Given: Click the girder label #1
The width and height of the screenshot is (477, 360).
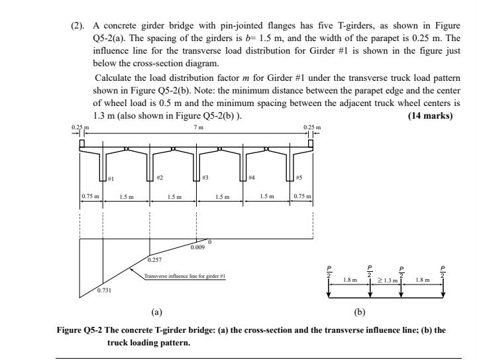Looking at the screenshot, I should [112, 179].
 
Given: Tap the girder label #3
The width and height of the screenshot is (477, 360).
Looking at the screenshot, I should [205, 179].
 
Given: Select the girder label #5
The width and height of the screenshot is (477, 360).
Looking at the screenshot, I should [299, 179].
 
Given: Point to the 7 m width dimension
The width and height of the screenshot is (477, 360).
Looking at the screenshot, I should [196, 127].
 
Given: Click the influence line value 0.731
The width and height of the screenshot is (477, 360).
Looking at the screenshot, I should [104, 291].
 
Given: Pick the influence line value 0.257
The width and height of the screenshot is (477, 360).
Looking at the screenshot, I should [154, 260].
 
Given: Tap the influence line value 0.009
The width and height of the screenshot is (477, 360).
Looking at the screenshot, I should [197, 247].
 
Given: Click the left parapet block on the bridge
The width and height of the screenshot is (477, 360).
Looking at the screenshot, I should [81, 143].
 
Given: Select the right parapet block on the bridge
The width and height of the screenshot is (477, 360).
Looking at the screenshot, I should [311, 143].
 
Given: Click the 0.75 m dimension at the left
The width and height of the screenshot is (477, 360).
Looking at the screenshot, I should [89, 197].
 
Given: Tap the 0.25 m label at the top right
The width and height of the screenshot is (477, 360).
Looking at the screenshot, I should [311, 127].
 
